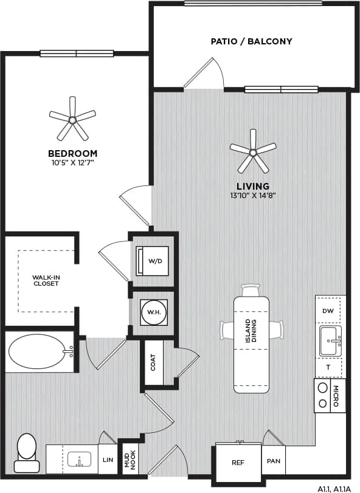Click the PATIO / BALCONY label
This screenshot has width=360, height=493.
(251, 41)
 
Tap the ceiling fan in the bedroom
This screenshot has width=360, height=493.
(72, 120)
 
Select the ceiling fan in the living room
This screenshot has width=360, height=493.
(253, 150)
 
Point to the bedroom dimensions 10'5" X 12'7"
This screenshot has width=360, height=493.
(72, 163)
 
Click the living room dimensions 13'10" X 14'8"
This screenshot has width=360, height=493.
(254, 195)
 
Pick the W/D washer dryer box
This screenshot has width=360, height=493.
(154, 261)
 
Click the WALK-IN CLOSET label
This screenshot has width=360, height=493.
(46, 280)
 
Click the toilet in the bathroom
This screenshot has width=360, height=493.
(27, 452)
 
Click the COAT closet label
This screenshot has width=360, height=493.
(153, 363)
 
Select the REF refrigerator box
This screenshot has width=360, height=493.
(238, 462)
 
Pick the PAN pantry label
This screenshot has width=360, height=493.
(273, 461)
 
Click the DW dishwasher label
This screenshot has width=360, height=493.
(328, 311)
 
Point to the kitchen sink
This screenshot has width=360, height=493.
(330, 340)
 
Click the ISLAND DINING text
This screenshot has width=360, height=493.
(251, 331)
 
